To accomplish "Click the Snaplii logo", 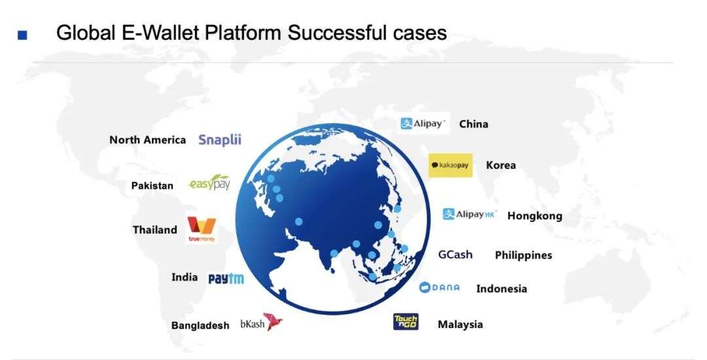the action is [220, 139].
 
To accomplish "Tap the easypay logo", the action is [209, 183].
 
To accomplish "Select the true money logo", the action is [202, 230].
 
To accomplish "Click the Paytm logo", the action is [226, 278].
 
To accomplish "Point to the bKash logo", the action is [261, 323].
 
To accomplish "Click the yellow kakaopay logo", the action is [450, 166].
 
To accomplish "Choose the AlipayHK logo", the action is [469, 214].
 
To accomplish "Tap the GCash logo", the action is [456, 255].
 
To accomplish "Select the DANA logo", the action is [440, 287].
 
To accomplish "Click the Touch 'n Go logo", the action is [406, 321].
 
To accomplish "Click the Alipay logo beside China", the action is [424, 124].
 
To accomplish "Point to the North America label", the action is [147, 140].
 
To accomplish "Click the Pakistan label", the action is [152, 186].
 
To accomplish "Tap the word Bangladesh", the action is [200, 325].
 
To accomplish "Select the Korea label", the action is [501, 166].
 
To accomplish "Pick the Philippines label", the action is [524, 255].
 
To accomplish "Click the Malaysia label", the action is [460, 325].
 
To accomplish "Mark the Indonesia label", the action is [502, 289].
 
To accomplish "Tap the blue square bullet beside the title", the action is [22, 35].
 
